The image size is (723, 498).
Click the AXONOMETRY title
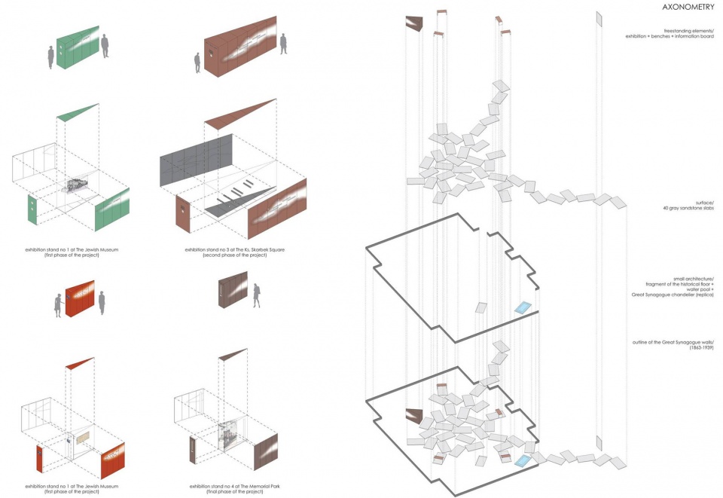[x=688, y=8]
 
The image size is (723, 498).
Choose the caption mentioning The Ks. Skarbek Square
[x=234, y=249]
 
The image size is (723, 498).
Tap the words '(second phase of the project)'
[x=234, y=255]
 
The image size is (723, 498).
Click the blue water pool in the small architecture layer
[x=523, y=307]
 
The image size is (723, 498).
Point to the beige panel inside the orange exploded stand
[x=81, y=438]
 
